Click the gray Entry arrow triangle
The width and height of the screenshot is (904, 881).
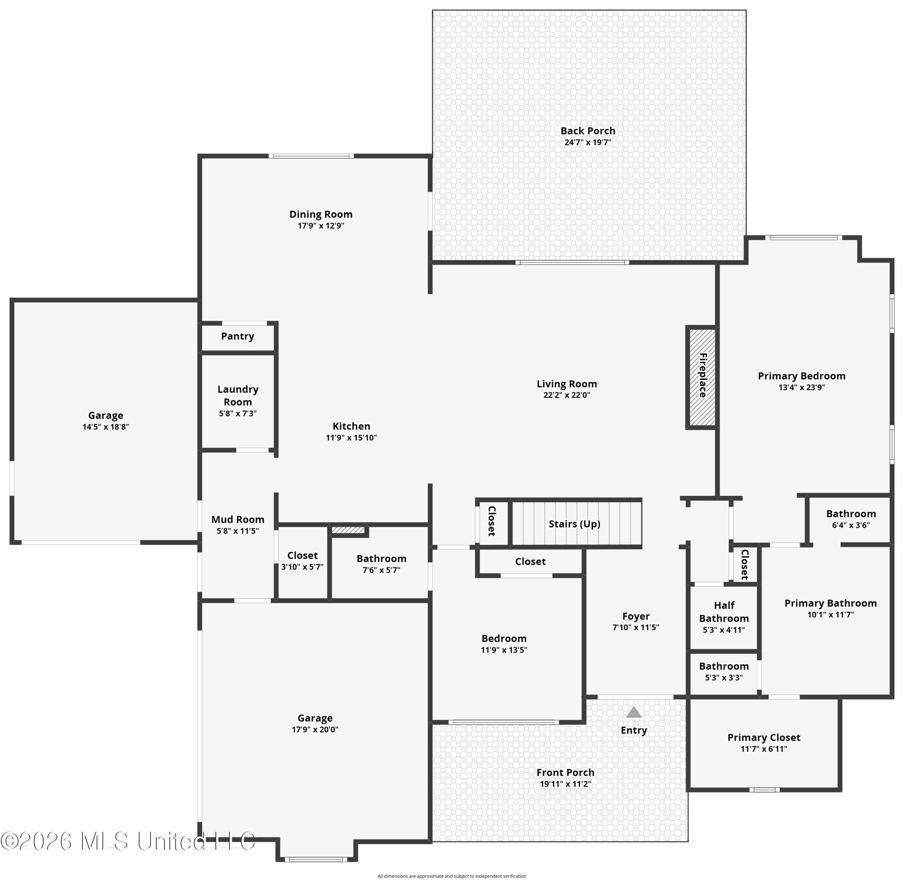tap(634, 712)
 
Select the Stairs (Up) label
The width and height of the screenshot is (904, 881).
tap(575, 524)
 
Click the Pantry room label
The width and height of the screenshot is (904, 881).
tap(238, 336)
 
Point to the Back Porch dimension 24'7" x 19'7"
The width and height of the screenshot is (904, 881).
tap(588, 143)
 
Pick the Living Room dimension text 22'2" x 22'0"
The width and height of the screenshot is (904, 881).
tap(567, 395)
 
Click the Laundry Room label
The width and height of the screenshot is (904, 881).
tap(238, 396)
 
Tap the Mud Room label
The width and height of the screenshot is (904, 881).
tap(238, 520)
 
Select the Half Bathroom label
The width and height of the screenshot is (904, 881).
tap(724, 612)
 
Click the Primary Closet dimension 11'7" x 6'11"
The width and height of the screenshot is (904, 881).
tap(764, 749)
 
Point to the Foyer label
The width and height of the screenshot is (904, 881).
tap(636, 616)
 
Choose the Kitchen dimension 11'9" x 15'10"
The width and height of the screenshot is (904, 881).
tap(352, 438)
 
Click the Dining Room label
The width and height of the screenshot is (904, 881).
tap(321, 214)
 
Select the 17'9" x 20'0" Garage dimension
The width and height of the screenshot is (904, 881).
tap(315, 730)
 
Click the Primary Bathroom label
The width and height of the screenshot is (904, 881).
tap(830, 603)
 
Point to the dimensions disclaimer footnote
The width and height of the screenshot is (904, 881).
tap(452, 876)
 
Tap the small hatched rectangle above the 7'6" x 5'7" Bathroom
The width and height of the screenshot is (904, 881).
tap(348, 530)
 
